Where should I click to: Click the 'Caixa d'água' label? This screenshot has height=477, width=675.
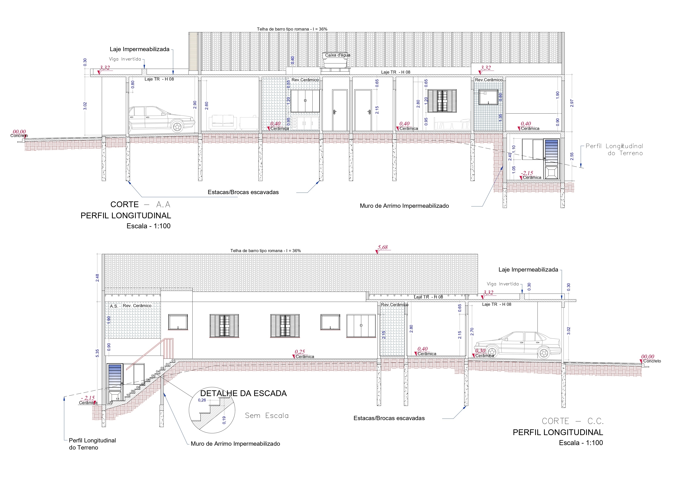coord(337,55)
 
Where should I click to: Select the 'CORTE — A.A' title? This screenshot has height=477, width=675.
coord(140,204)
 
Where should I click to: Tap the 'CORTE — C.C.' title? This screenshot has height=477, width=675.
coord(573,421)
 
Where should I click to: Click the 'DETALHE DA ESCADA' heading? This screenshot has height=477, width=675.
coord(243,393)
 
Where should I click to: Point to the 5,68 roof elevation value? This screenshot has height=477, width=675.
coord(383,247)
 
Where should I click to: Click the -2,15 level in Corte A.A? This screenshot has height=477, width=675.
coord(527,173)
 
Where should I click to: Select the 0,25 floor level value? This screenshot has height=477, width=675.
coord(300,352)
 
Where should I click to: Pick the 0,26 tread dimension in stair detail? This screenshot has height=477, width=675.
coord(202,400)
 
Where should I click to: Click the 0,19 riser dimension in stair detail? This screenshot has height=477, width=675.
coord(224,420)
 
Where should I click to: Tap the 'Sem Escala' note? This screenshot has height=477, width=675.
coord(267,416)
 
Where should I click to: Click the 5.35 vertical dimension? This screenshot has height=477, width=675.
coord(97,353)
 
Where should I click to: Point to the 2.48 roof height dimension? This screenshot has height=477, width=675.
coord(97,278)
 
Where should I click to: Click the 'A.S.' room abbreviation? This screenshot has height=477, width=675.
coord(114,306)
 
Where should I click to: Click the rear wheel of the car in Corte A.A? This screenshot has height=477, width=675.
coord(177,127)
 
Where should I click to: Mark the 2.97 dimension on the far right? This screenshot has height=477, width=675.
coord(572,103)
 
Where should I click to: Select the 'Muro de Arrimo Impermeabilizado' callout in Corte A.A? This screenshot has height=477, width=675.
coord(404,206)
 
